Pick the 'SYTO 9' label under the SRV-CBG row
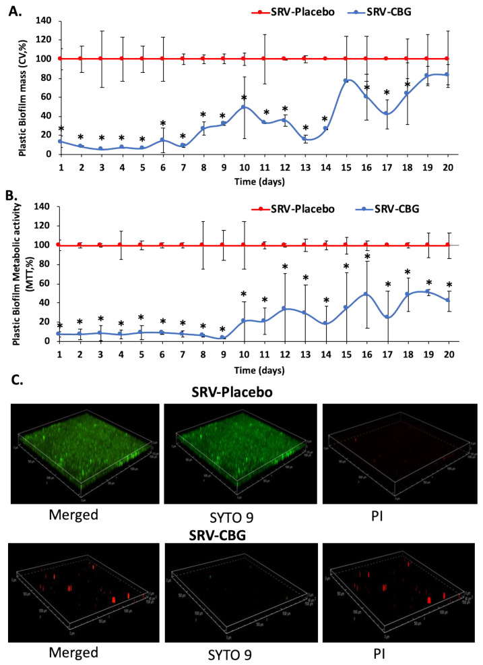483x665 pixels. pyautogui.click(x=243, y=652)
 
